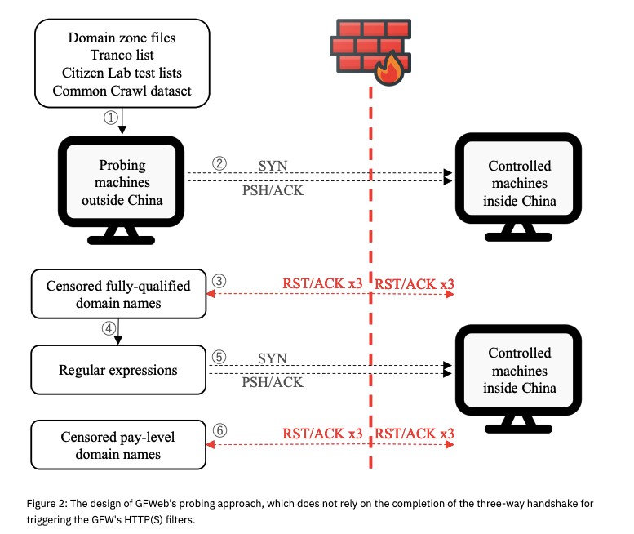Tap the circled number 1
[111, 117]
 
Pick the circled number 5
[219, 357]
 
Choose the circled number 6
[219, 430]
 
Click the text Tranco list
[122, 54]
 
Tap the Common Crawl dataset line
[122, 90]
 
